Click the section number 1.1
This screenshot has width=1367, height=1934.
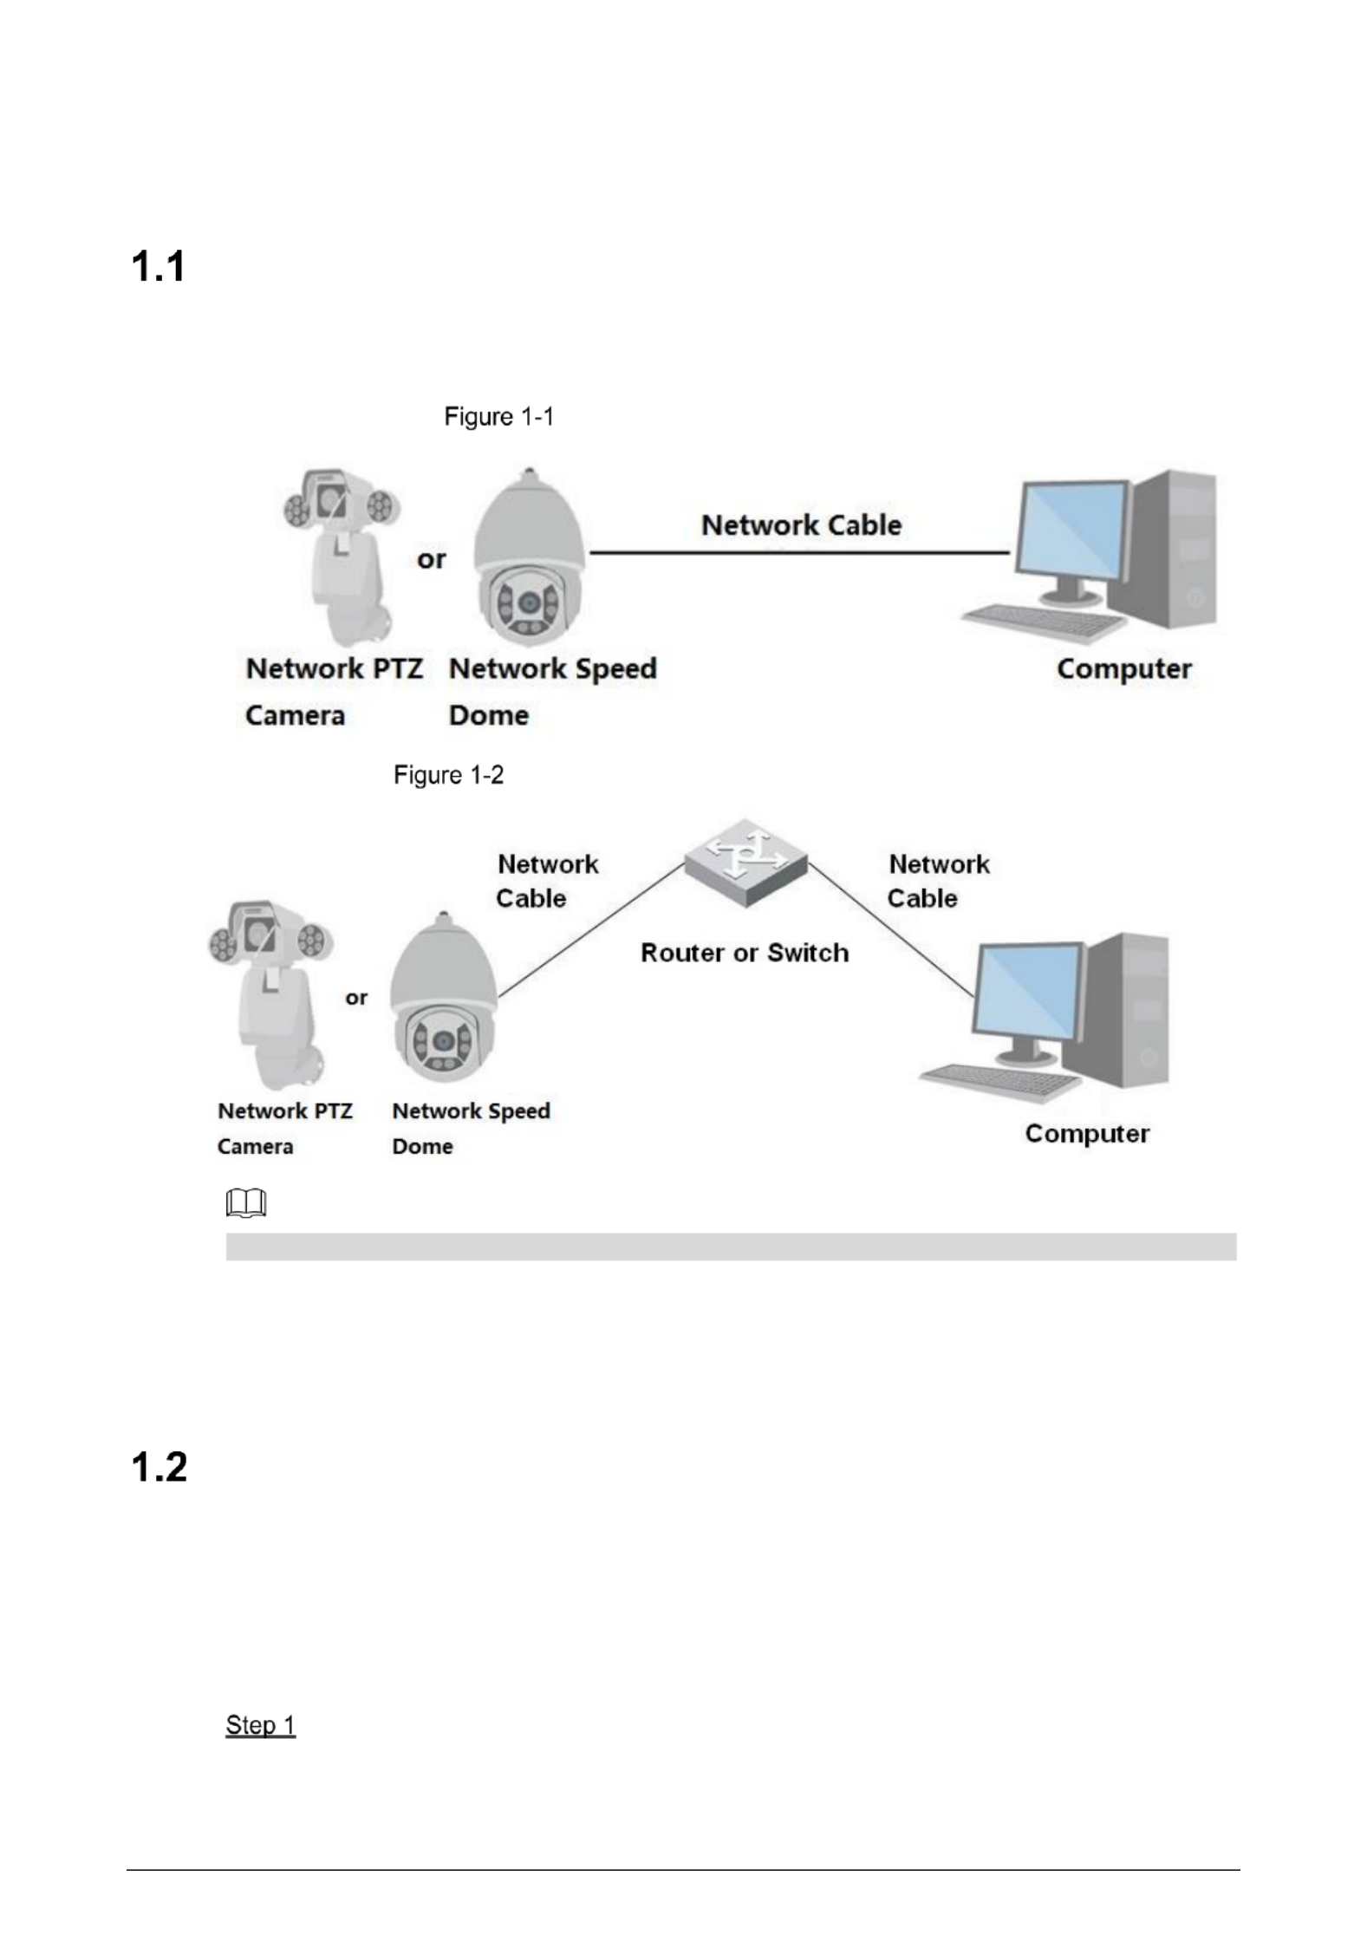tap(159, 266)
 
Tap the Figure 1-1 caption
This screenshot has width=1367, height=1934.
tap(498, 417)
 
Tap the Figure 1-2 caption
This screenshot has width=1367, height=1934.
tap(448, 775)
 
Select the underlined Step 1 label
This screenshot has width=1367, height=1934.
tap(260, 1725)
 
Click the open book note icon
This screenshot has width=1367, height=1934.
tap(246, 1203)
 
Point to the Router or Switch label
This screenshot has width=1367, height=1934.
tap(745, 953)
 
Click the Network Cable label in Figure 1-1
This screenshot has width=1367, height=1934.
tap(801, 525)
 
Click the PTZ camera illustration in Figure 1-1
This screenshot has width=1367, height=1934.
tap(340, 555)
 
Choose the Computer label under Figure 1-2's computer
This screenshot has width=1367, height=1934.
tap(1087, 1134)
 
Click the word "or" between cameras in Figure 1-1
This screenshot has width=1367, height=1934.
tap(431, 560)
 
